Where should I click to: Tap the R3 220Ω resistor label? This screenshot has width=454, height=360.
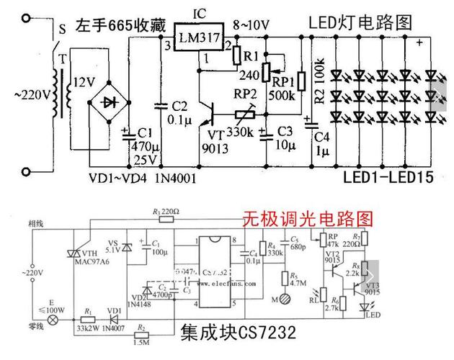tap(167, 212)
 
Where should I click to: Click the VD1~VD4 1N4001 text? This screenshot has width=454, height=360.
tap(142, 177)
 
